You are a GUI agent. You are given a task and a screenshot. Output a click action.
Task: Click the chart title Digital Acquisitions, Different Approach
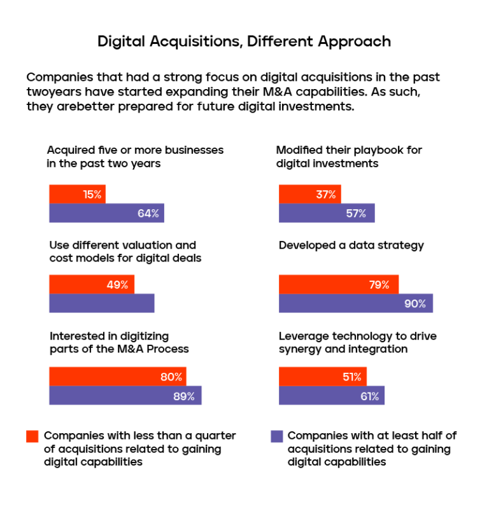click(x=244, y=42)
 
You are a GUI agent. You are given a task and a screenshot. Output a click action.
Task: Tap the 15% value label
click(x=92, y=195)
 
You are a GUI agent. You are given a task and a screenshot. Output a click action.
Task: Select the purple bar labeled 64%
click(x=106, y=213)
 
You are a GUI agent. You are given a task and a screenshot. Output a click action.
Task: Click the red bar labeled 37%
click(x=309, y=195)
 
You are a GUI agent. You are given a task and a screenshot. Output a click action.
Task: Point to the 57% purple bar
click(x=327, y=213)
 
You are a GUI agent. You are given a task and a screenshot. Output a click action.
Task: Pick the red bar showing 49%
click(x=92, y=285)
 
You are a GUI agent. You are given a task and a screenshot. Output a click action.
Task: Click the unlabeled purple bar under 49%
click(x=102, y=303)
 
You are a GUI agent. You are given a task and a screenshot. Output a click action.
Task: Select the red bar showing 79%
click(x=339, y=285)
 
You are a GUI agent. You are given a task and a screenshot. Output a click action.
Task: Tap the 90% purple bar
click(x=355, y=303)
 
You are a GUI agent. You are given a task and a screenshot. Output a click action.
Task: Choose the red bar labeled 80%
click(x=118, y=377)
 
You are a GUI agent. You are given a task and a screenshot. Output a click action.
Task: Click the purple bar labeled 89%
click(x=125, y=396)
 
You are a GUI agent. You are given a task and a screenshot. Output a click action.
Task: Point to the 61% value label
click(x=369, y=396)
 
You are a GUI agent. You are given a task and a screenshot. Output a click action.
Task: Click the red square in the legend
click(x=32, y=436)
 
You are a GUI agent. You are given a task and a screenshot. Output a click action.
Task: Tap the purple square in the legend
click(x=276, y=436)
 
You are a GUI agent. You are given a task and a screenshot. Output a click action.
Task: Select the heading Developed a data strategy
click(x=351, y=246)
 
